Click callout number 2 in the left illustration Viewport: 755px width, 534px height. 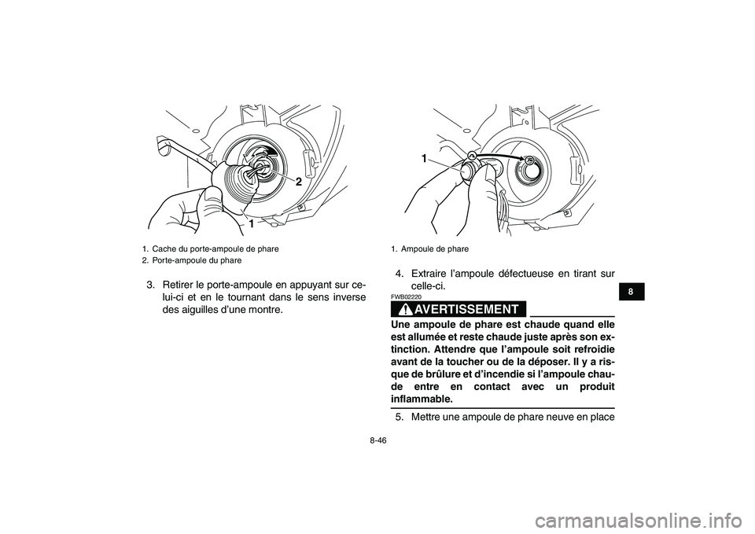299,182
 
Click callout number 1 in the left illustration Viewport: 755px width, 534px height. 252,224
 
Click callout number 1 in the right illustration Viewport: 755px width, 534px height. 424,158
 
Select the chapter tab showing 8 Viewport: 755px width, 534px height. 631,292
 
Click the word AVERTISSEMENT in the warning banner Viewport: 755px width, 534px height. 466,309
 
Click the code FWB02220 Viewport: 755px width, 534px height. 406,297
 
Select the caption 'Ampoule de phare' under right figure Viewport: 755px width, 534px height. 434,249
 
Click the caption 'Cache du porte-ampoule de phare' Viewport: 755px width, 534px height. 215,249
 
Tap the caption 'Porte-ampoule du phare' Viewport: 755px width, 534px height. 197,260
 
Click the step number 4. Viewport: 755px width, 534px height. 400,274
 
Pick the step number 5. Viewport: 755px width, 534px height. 400,417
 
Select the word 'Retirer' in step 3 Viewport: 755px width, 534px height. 178,284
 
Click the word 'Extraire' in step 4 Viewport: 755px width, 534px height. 427,274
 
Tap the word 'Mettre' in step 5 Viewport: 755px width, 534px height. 424,417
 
